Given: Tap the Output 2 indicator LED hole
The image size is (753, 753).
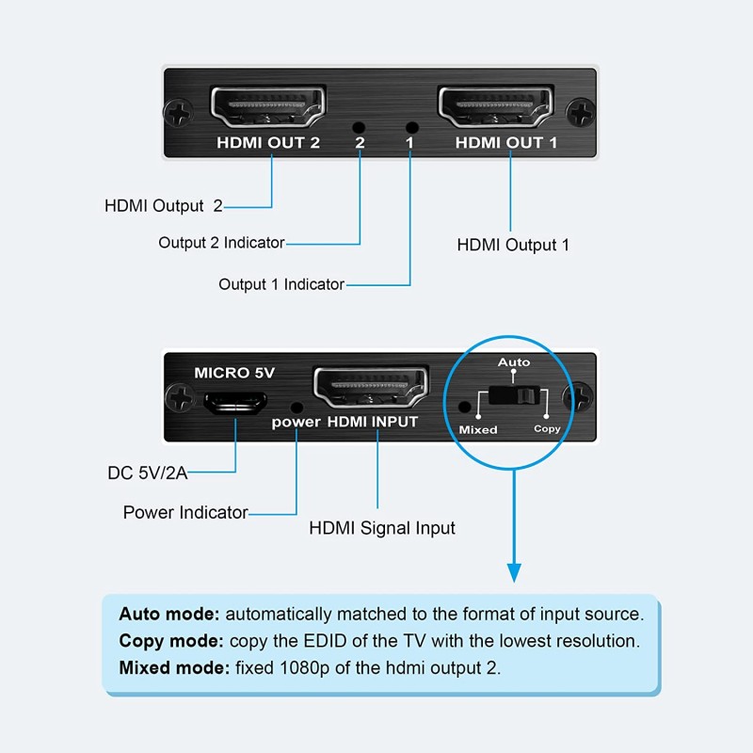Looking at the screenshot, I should tap(358, 127).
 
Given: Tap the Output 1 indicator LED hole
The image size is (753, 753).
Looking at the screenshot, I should tap(409, 127).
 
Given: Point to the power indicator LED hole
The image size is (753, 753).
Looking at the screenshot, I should tap(297, 407).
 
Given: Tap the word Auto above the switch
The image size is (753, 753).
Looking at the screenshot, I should tap(514, 362).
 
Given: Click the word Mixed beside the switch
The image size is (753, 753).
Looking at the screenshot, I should tap(477, 429).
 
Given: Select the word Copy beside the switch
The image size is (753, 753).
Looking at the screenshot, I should tap(547, 429).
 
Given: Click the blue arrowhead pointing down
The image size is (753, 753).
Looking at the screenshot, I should tap(514, 571).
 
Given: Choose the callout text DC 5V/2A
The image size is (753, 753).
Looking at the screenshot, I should tap(149, 473).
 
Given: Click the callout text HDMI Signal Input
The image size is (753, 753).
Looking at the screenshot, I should tap(382, 528).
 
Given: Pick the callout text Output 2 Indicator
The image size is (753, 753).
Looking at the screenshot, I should tap(221, 243).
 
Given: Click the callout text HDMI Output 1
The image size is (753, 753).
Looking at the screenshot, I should tap(513, 245).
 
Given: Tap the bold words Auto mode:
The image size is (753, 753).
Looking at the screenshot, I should tap(169, 614).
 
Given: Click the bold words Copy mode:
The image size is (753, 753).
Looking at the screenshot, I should tap(170, 642).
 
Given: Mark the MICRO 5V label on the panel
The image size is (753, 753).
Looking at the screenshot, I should tap(234, 373).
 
